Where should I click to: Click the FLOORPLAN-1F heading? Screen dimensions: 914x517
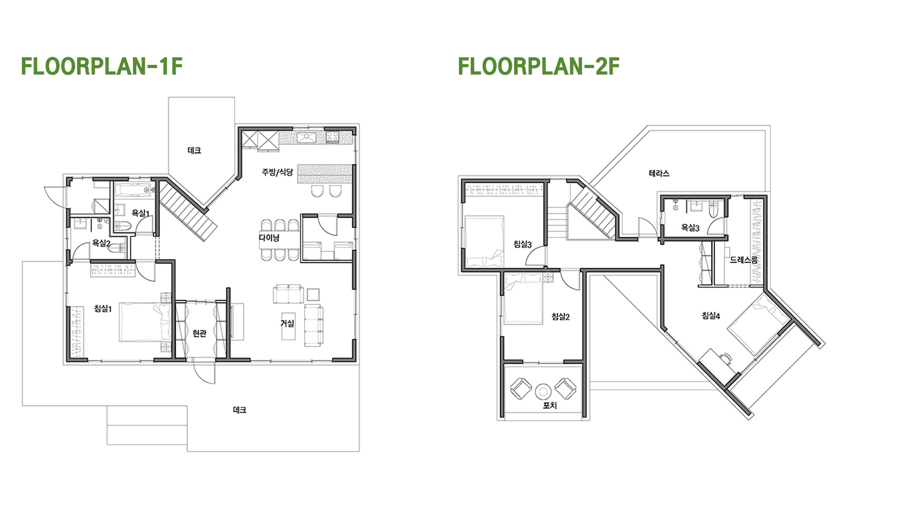(102, 66)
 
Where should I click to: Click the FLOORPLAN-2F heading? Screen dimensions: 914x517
(538, 66)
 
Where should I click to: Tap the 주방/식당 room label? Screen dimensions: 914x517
(277, 172)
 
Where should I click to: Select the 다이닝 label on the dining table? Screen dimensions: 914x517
(269, 238)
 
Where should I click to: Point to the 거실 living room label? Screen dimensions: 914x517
(287, 323)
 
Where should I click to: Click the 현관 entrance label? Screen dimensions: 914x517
(199, 333)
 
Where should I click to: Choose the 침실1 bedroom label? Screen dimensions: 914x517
(103, 308)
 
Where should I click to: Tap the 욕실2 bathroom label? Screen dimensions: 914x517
(101, 243)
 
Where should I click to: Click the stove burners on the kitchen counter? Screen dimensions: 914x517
(332, 137)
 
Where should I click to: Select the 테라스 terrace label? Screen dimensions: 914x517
(659, 173)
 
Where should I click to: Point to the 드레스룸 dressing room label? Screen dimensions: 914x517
(744, 260)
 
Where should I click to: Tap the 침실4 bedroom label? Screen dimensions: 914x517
(711, 315)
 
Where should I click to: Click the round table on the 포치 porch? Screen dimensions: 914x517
(542, 391)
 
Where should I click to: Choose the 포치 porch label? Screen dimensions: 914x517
(550, 406)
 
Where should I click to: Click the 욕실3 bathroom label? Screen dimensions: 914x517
(690, 228)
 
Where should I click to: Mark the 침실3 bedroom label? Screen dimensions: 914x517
(522, 244)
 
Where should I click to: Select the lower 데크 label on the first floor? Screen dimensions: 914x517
(239, 410)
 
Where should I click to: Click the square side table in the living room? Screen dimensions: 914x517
(313, 294)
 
